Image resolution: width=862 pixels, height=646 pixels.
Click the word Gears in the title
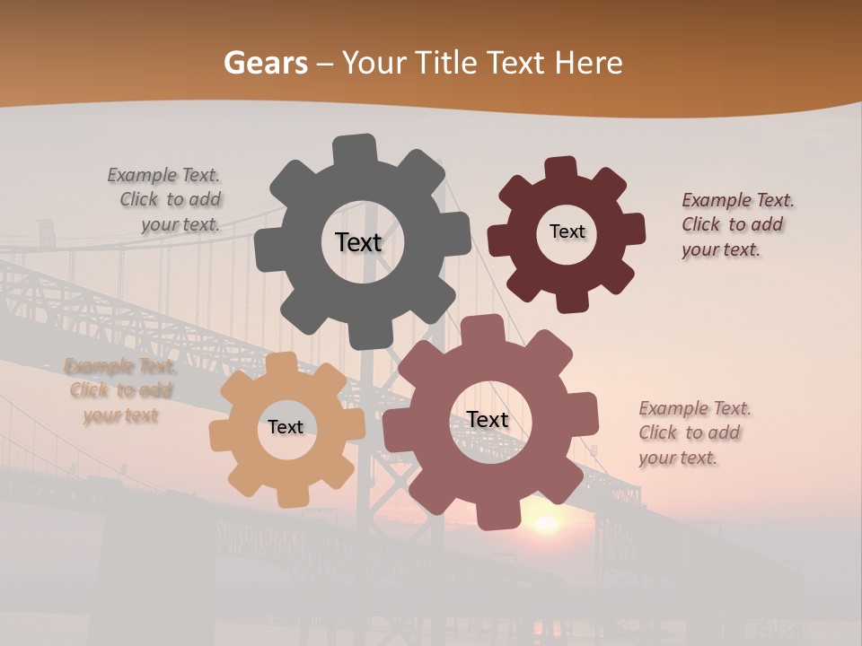click(x=265, y=63)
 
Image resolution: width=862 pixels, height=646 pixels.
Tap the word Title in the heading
click(x=447, y=63)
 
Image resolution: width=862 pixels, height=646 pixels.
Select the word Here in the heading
click(x=588, y=63)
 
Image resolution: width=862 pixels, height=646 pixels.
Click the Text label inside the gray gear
click(x=358, y=242)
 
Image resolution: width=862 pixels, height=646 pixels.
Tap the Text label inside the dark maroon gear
click(x=567, y=231)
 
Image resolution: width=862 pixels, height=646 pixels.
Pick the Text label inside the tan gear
click(x=285, y=427)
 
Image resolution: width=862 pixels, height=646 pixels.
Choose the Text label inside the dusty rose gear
click(x=488, y=420)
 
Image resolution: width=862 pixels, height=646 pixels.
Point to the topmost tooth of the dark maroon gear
click(x=560, y=170)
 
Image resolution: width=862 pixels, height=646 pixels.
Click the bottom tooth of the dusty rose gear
click(x=492, y=515)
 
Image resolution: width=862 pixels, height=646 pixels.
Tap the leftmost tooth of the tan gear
click(x=222, y=436)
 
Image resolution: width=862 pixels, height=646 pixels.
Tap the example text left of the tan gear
click(x=120, y=390)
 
